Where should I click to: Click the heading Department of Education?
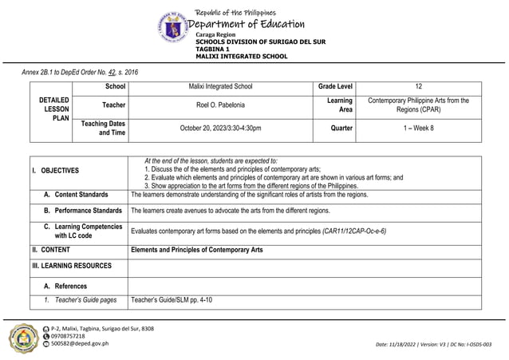click(247, 25)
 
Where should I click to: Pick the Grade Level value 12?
click(419, 86)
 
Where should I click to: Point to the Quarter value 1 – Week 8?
click(419, 128)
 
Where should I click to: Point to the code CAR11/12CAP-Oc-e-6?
click(354, 231)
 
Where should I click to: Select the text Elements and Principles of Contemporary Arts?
click(196, 250)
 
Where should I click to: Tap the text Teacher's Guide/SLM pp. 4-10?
click(172, 300)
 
